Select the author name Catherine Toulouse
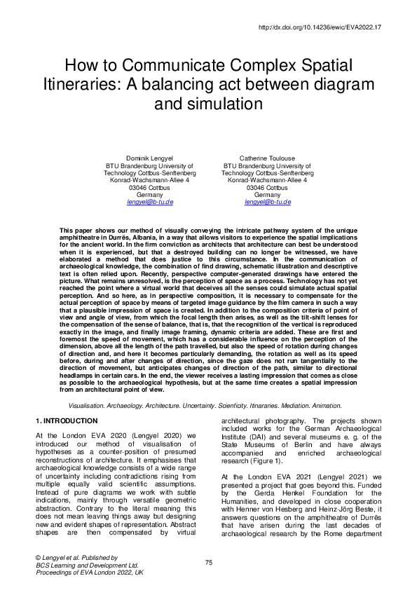pos(268,158)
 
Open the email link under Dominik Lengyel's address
pos(150,202)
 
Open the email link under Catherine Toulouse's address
pos(268,202)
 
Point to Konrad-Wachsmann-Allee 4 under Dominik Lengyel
pos(150,180)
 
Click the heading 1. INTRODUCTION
pos(67,420)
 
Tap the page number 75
pos(208,563)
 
